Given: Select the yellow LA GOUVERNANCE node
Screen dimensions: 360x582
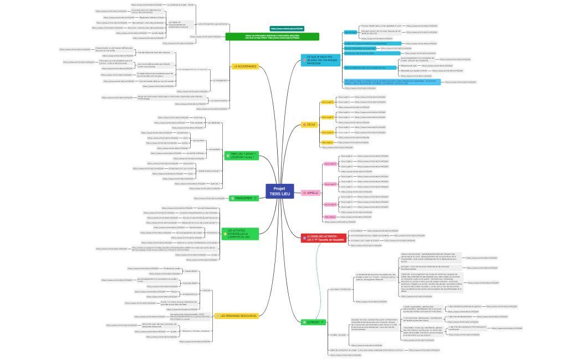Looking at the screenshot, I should [x=244, y=66].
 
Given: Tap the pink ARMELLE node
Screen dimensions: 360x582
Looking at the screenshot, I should [x=312, y=193].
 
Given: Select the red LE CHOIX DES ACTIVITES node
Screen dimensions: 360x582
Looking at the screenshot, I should [x=323, y=238].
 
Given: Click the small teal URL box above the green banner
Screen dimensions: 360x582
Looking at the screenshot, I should [x=287, y=28].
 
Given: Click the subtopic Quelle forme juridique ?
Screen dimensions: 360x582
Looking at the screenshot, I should [x=208, y=171].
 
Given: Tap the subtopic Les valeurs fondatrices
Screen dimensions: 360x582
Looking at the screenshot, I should [x=340, y=289].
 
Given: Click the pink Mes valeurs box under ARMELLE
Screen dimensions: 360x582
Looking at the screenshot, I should [x=329, y=217].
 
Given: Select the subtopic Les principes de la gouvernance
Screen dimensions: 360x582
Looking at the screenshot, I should [x=213, y=24].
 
